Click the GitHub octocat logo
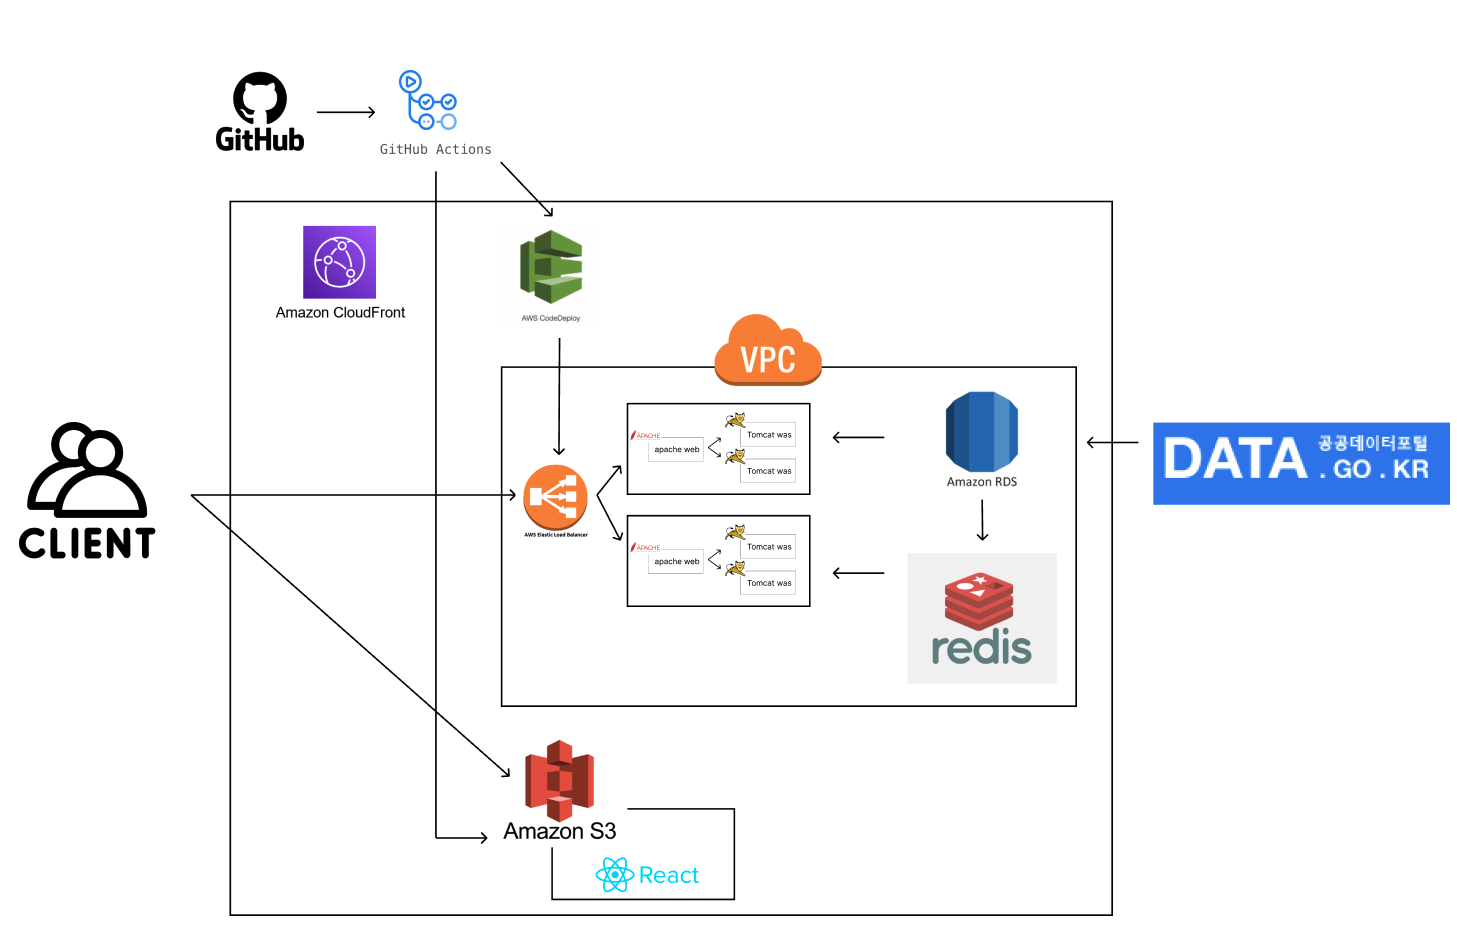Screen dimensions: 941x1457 tap(260, 98)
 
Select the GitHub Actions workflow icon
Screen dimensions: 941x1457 tap(428, 100)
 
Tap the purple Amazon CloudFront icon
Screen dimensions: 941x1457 tap(340, 262)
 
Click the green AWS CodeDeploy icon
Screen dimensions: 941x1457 tap(551, 267)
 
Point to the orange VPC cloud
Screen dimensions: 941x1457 tap(768, 351)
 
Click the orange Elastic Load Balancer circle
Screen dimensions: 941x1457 tap(555, 497)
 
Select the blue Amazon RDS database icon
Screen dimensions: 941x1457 tap(982, 431)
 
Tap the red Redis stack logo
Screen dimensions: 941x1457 tap(979, 600)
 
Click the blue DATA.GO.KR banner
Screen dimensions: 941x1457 tap(1301, 463)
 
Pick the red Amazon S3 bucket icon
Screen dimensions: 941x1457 tap(560, 780)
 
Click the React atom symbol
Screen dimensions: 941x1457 tap(614, 875)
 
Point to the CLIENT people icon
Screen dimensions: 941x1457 tap(88, 469)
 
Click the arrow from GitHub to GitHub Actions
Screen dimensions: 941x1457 tap(345, 113)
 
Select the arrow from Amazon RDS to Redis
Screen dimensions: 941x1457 tap(983, 520)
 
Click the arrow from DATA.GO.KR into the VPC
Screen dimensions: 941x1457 tap(1112, 442)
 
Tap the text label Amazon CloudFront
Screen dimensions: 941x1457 tap(340, 313)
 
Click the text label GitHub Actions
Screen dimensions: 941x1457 tap(436, 150)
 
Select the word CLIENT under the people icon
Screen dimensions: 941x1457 tap(87, 544)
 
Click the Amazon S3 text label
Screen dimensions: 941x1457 tap(560, 832)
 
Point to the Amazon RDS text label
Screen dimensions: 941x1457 tap(982, 482)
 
